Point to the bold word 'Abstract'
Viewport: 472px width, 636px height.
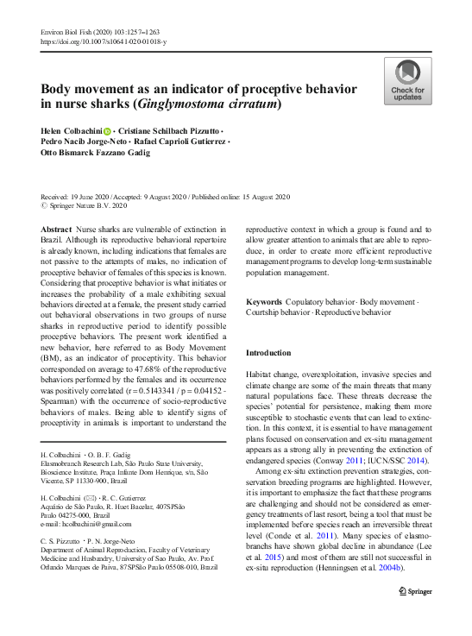pos(56,230)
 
